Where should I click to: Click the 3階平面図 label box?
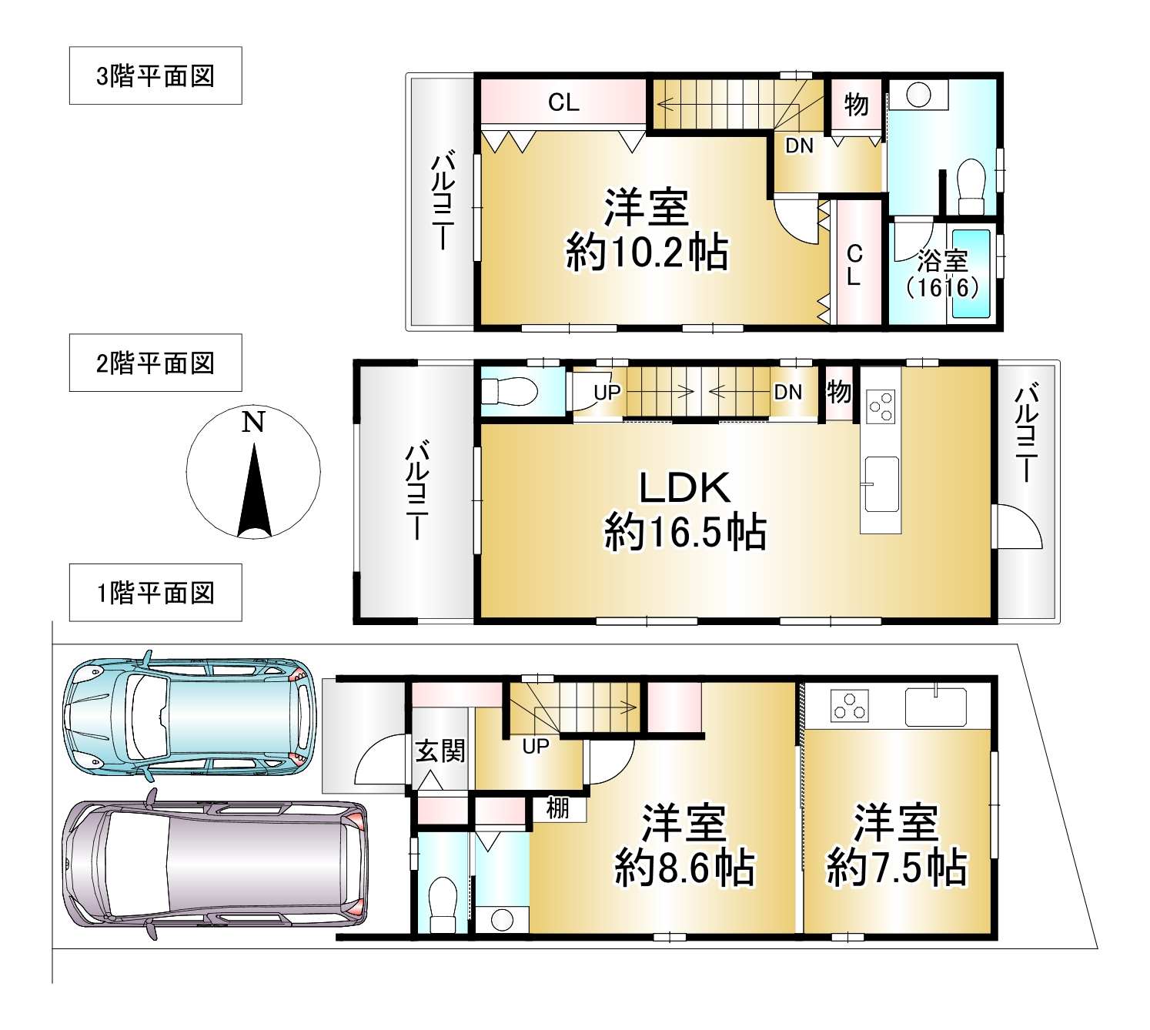click(x=155, y=75)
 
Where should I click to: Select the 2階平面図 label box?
click(x=155, y=363)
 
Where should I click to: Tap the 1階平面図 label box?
click(x=155, y=593)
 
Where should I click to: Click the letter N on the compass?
click(x=253, y=421)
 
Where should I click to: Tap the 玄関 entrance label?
click(x=440, y=751)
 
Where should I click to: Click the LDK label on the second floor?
click(x=684, y=487)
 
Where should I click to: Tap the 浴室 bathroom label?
click(x=943, y=261)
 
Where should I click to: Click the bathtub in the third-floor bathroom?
click(x=971, y=274)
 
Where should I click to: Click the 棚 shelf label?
click(x=558, y=808)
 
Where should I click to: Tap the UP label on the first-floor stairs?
click(x=536, y=746)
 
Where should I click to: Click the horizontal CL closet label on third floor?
click(x=563, y=103)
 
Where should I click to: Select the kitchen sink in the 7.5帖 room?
click(x=936, y=707)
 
